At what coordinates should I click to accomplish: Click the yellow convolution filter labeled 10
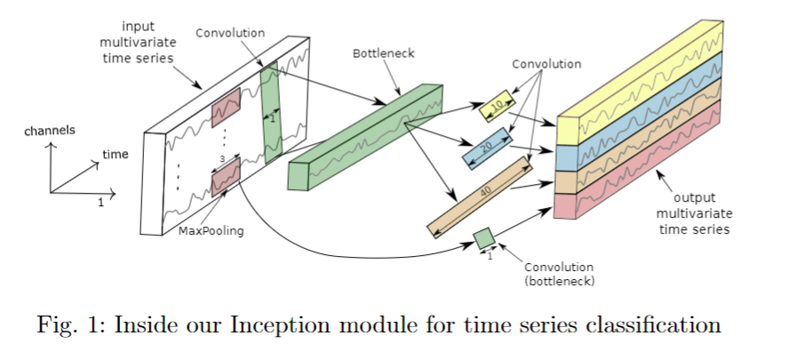pyautogui.click(x=497, y=106)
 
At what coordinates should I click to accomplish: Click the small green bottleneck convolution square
pyautogui.click(x=484, y=238)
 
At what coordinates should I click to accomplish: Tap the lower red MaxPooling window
pyautogui.click(x=226, y=179)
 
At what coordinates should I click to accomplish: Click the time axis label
pyautogui.click(x=115, y=154)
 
